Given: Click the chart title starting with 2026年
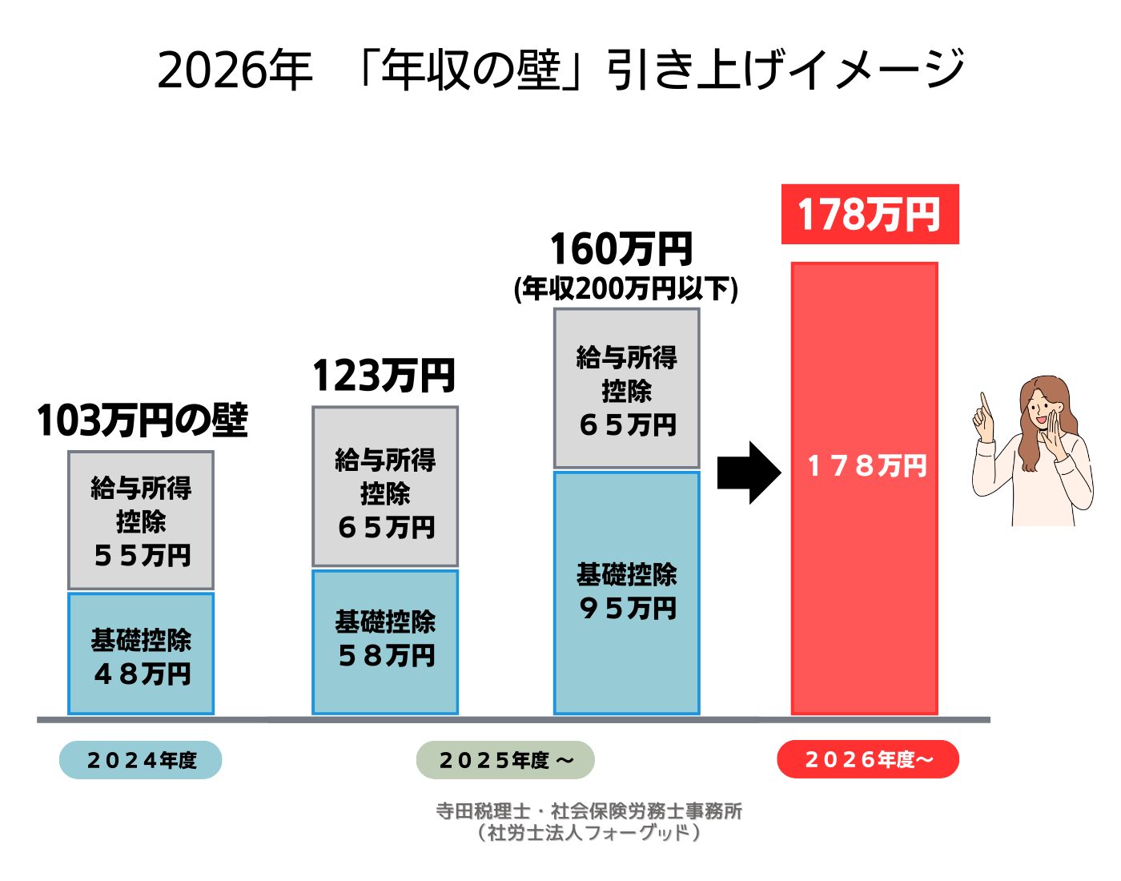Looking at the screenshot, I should tap(560, 70).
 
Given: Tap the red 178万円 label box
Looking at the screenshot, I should tap(870, 215).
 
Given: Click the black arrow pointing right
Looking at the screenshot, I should tap(748, 473).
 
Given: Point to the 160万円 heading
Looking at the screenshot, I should tap(621, 249).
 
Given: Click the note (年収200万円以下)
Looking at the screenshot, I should tap(625, 288).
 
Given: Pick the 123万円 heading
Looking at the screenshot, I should tap(384, 376).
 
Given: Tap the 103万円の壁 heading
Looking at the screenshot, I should tap(142, 420).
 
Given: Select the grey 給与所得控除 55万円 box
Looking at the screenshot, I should tap(141, 521).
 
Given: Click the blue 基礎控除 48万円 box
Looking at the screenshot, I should tap(141, 654).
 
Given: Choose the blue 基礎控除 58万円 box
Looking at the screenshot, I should tap(385, 641).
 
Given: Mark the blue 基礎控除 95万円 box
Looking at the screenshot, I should tap(626, 593).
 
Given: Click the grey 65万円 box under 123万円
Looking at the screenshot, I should tap(385, 487).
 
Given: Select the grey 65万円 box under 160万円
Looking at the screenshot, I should tap(626, 388).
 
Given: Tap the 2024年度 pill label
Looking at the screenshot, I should tap(141, 760).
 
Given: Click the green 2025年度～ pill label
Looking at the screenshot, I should tap(505, 760).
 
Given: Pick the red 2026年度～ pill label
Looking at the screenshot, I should tap(868, 759).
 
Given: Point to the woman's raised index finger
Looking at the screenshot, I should tap(983, 400).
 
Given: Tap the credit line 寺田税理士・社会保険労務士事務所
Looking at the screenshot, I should tap(589, 811).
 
